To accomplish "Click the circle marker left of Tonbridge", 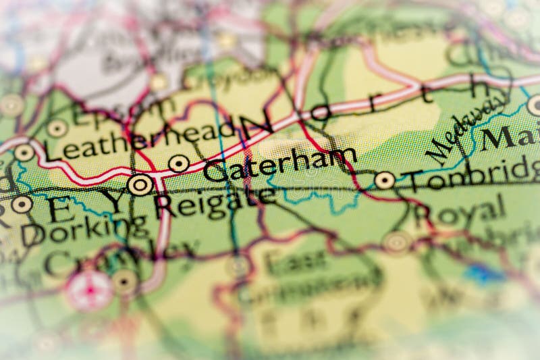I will pos(384,180).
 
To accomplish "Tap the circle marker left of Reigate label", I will pos(140,184).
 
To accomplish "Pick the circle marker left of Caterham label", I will pos(179,163).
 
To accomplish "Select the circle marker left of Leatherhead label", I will pos(24,152).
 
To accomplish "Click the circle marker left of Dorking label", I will pos(22,204).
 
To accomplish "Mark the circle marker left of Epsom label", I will pos(57,128).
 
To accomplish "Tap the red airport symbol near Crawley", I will pos(90,291).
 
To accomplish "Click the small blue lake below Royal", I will pos(483,274).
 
